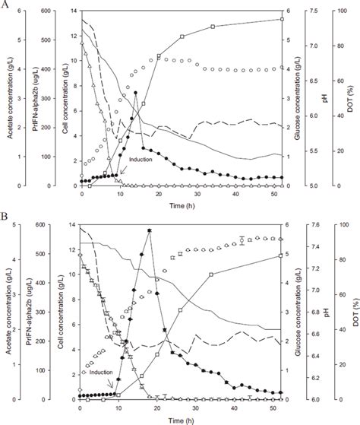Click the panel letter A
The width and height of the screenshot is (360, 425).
(x=6, y=5)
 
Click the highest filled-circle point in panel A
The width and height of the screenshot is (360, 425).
(x=135, y=94)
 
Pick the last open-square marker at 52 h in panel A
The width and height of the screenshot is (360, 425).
(x=282, y=19)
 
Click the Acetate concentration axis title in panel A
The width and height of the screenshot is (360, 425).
(x=5, y=98)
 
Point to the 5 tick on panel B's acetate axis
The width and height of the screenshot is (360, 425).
(x=17, y=225)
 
